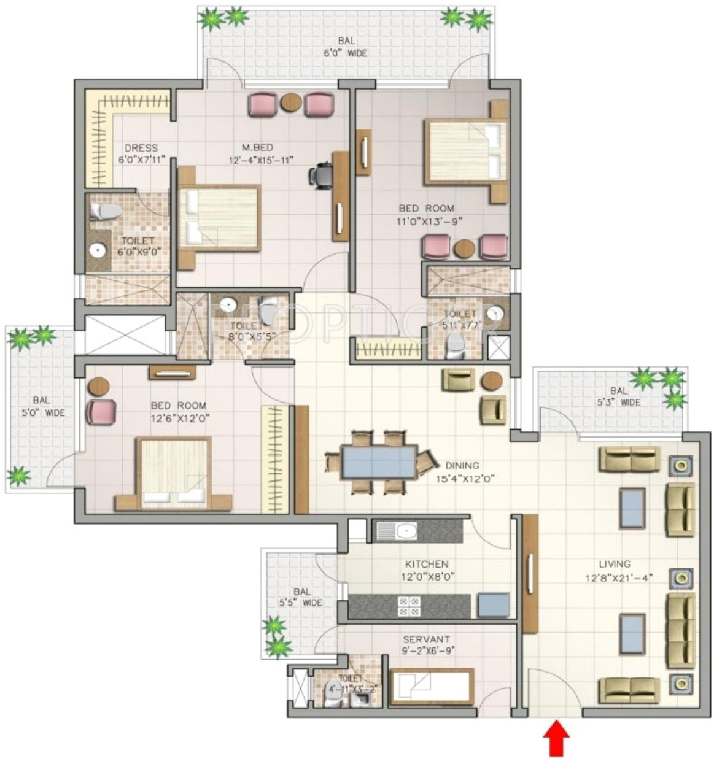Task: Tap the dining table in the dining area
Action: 379,462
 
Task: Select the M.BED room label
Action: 257,147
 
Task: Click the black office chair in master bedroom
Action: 320,174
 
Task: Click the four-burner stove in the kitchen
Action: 409,606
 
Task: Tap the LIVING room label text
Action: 615,564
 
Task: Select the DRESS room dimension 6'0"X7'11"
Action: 141,160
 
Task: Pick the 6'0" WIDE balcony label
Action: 346,53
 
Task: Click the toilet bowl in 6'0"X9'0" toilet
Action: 105,212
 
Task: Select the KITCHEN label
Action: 426,564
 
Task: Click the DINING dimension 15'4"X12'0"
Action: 462,479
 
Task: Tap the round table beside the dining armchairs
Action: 491,381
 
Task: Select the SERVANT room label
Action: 426,639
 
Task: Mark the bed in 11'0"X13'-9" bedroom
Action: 465,152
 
